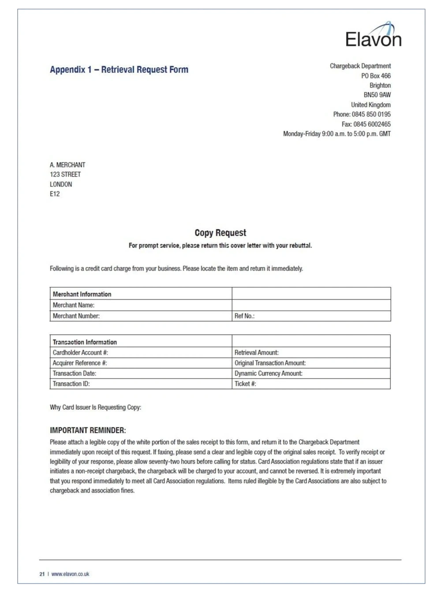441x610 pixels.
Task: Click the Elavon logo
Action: tap(373, 35)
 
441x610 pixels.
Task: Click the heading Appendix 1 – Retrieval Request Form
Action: tap(119, 70)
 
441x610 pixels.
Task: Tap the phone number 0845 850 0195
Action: tap(371, 115)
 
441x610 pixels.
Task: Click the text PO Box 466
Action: tap(376, 76)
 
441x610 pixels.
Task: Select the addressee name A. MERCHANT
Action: tap(67, 165)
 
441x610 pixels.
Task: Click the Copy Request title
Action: tap(220, 233)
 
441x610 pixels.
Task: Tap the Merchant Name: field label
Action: tap(74, 305)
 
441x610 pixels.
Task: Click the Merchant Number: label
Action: tap(76, 316)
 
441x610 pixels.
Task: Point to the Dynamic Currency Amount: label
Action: tap(268, 373)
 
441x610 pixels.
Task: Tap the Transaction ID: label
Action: tap(71, 384)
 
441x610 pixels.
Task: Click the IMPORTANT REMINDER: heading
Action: tap(88, 430)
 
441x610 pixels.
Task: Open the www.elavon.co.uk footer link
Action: tap(70, 574)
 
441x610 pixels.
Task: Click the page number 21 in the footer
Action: tap(42, 574)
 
